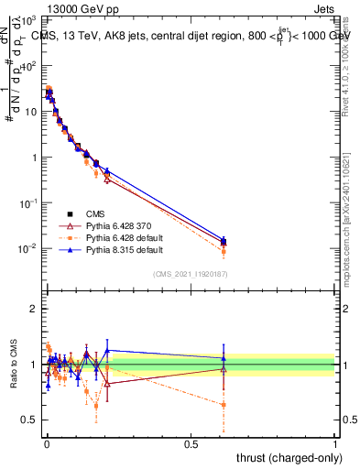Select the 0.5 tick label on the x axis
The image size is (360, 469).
pyautogui.click(x=191, y=443)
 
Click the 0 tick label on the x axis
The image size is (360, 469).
pyautogui.click(x=46, y=443)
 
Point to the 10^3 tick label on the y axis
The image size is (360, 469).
pyautogui.click(x=29, y=20)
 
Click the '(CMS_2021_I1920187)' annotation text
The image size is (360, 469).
pyautogui.click(x=191, y=274)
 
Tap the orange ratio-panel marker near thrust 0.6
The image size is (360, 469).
pyautogui.click(x=224, y=404)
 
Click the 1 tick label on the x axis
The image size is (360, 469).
pyautogui.click(x=335, y=443)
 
